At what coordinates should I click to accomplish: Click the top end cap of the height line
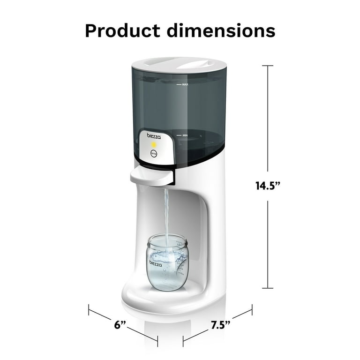click(268, 66)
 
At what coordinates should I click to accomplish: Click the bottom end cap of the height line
click(268, 288)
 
